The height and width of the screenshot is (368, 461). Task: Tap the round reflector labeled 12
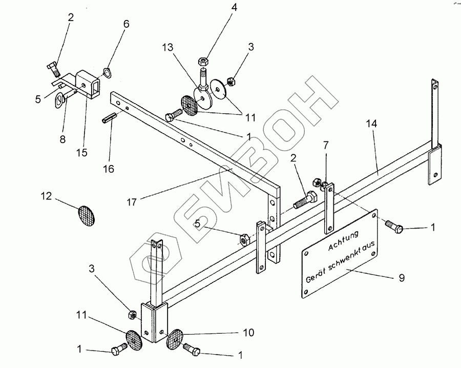coord(86,216)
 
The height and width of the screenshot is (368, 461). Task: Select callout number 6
coord(126,24)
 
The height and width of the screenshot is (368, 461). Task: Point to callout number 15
coord(82,153)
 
